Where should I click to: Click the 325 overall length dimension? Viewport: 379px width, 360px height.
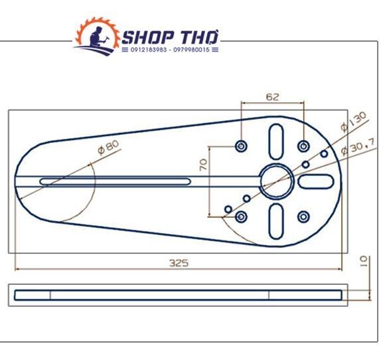click(x=179, y=263)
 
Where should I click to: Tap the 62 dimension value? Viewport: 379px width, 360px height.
click(x=272, y=97)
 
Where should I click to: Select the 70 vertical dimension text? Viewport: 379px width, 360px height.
click(x=204, y=165)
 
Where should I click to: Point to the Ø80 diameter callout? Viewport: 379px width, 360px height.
click(x=109, y=147)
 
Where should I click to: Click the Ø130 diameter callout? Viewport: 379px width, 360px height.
click(x=353, y=122)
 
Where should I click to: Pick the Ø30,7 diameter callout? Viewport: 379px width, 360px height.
click(x=358, y=147)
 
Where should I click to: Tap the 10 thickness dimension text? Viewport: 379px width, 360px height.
click(x=364, y=261)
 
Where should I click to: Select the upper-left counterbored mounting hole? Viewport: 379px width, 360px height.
click(x=241, y=146)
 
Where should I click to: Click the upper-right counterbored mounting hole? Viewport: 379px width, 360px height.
click(x=303, y=146)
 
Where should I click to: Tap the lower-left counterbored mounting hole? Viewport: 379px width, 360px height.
click(x=241, y=217)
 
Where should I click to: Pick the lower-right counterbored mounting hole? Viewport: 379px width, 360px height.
click(x=303, y=217)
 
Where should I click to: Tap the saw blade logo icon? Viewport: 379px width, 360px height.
click(x=97, y=36)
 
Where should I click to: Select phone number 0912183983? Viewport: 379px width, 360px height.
click(x=149, y=50)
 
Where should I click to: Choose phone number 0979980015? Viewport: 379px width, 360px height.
click(x=191, y=50)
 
